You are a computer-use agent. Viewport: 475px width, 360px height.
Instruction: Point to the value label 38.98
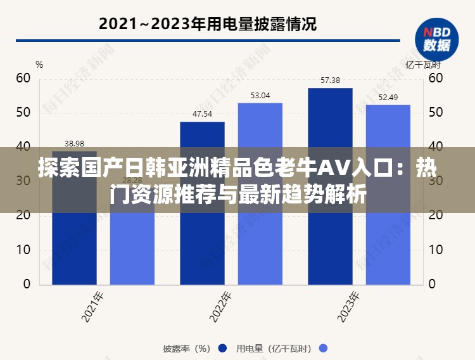74,143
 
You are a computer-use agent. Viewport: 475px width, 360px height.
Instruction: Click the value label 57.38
330,80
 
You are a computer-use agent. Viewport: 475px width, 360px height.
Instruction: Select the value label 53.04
260,96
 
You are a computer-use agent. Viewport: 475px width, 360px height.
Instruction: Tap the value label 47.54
202,114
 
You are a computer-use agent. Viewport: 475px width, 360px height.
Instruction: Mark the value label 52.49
388,98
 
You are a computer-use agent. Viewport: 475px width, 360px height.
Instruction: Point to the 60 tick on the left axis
23,78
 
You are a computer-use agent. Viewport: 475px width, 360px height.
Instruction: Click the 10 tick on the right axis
435,250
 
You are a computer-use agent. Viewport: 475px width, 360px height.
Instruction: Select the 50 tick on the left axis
23,112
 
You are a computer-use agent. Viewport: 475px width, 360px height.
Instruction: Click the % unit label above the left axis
39,64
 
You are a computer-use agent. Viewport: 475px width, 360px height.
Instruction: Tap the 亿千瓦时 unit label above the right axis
422,64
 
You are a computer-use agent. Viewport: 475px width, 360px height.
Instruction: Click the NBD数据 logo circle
436,39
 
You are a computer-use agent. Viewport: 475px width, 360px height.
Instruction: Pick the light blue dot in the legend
323,348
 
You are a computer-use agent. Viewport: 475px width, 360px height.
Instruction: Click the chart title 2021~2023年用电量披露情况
208,25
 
